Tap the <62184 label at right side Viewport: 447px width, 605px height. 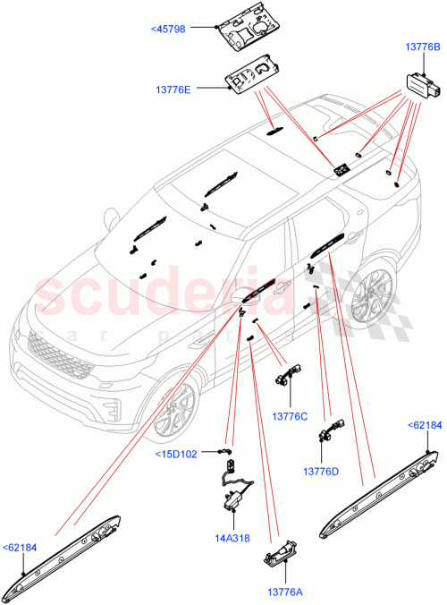tap(424, 425)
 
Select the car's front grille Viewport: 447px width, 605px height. tap(58, 354)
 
